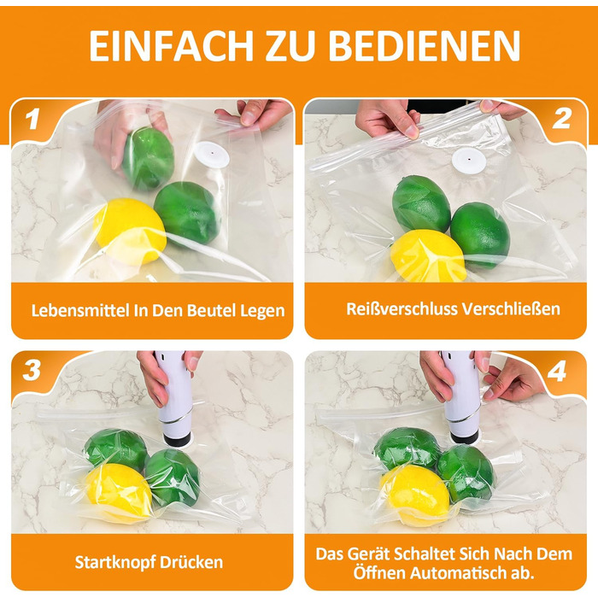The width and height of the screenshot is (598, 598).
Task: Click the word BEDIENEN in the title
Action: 424,45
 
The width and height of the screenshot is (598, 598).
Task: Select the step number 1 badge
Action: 32,118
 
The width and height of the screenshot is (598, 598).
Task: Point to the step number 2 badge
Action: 561,118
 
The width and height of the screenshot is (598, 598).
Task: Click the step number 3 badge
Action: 32,370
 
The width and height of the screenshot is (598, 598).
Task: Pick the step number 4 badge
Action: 557,371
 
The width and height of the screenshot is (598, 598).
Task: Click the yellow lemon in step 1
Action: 130,231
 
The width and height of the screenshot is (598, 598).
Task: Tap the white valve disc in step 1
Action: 212,155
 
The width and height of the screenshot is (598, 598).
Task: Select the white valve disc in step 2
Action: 469,160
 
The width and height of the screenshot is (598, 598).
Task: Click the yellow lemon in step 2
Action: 428,255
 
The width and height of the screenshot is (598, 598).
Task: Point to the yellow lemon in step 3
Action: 118,491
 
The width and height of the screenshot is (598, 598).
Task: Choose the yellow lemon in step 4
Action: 416,495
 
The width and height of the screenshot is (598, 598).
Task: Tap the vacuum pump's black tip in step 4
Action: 464,437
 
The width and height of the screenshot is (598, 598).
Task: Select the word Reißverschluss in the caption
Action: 402,308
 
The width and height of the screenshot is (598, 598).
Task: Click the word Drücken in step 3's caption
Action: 191,562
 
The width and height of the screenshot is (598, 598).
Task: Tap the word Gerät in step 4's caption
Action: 369,554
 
